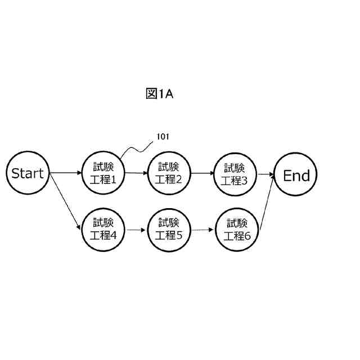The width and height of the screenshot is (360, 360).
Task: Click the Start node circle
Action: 28,173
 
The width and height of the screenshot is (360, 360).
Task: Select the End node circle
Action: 296,175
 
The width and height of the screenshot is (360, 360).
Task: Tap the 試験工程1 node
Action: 103,173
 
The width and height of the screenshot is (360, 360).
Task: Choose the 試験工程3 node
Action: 235,174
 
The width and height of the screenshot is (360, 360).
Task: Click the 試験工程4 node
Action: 103,229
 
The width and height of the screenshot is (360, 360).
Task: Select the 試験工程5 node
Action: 168,229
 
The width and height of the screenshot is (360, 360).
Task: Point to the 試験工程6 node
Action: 237,230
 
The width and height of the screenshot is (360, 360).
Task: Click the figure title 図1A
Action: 159,94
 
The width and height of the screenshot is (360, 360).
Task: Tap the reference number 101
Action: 162,137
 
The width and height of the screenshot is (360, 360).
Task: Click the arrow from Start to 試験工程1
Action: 66,173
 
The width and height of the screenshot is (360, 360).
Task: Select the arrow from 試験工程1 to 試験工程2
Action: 136,173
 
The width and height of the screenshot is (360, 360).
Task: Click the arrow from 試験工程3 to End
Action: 264,175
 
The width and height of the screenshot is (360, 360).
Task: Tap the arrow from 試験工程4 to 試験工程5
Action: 136,229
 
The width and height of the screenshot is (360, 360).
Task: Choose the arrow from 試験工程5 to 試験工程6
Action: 203,230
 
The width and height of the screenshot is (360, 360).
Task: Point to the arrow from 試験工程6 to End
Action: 267,203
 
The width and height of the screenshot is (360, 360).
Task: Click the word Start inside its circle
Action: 28,173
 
